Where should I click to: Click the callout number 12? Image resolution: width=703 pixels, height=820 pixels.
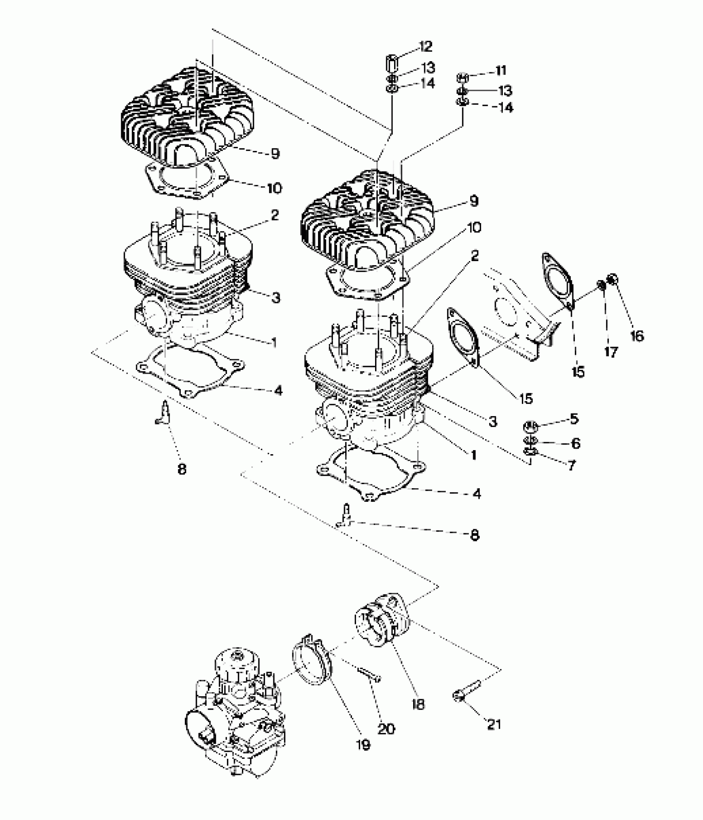coord(426,46)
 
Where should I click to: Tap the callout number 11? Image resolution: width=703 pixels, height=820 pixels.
coord(501,70)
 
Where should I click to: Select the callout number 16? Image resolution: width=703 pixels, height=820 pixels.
coord(637,336)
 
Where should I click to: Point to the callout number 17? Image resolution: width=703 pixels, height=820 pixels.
coord(610,352)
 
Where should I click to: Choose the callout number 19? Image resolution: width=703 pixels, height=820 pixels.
coord(363,745)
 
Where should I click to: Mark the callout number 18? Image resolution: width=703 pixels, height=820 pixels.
coord(418,704)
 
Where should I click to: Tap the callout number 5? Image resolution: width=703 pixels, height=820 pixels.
coord(574,419)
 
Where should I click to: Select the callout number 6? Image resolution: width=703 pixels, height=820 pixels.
coord(575,443)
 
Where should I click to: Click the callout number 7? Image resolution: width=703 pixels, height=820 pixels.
coord(571,465)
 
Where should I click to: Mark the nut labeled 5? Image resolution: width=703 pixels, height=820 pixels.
coord(531,426)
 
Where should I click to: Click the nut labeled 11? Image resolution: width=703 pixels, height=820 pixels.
coord(463,77)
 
